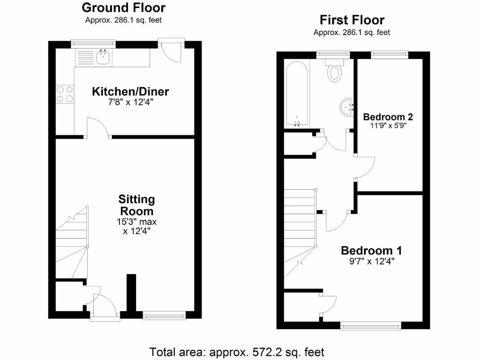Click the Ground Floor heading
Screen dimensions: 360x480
click(x=123, y=7)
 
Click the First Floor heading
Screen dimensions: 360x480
click(x=352, y=20)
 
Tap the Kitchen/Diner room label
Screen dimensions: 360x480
click(x=130, y=91)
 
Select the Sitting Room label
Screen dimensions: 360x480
click(x=136, y=205)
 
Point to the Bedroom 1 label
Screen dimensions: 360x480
click(x=371, y=250)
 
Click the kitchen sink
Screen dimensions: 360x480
click(x=103, y=58)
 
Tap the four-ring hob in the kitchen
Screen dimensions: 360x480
click(x=65, y=93)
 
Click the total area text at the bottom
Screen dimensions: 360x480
click(x=237, y=352)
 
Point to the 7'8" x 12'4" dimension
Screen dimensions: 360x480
click(x=130, y=102)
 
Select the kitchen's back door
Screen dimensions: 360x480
click(x=172, y=51)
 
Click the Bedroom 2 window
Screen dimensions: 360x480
click(x=390, y=55)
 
